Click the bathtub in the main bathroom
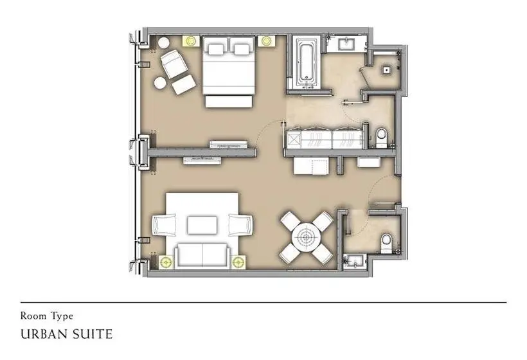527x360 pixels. click(307, 63)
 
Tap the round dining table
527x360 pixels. click(306, 238)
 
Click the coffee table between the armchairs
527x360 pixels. click(202, 225)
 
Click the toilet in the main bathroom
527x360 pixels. click(382, 138)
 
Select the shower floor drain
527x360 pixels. click(386, 70)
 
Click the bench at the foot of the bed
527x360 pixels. click(229, 102)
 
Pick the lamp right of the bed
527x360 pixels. click(267, 40)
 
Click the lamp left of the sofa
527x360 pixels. click(166, 262)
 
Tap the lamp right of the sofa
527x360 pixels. click(238, 262)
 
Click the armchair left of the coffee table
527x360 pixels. click(164, 225)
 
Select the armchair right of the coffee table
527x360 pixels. click(240, 225)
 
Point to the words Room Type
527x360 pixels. click(46, 316)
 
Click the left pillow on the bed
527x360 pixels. click(215, 49)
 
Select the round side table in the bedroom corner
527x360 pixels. click(164, 42)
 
